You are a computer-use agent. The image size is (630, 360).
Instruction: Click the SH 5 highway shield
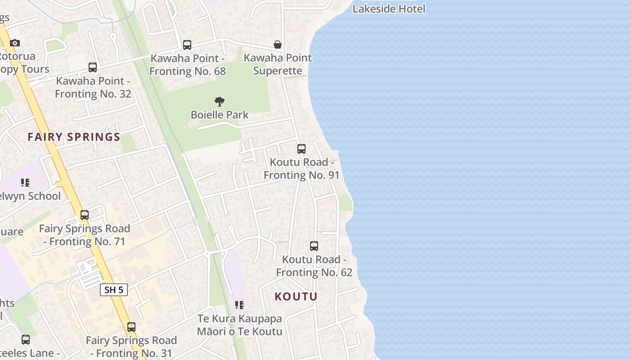114,290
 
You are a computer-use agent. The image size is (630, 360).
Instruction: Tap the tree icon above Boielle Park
220,102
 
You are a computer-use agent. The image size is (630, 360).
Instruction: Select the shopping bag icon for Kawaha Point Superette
278,45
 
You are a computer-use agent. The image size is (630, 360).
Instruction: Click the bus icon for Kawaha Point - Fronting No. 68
187,45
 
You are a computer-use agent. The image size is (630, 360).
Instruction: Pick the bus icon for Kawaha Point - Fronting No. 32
93,67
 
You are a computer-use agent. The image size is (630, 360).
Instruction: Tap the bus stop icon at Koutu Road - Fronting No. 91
301,149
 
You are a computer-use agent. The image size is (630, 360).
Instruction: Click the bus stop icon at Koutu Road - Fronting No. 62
314,246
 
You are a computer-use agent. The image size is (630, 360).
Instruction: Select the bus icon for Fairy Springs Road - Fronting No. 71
85,215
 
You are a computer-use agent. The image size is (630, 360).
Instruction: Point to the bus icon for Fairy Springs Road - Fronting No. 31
131,327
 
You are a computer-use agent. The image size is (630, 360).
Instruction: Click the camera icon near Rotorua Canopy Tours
15,43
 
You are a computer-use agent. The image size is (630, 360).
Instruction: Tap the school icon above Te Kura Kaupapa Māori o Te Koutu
239,305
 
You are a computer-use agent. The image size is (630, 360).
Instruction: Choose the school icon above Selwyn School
25,183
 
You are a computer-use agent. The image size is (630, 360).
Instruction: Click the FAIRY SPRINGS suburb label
74,137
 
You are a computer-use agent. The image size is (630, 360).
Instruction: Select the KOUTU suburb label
296,297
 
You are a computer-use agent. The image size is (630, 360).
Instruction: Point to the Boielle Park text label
220,115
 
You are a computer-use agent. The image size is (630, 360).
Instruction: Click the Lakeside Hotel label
389,9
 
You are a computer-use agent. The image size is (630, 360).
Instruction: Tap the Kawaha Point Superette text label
278,64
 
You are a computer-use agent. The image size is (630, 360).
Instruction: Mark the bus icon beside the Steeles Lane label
26,340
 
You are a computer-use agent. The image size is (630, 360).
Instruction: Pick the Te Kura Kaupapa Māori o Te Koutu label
239,325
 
